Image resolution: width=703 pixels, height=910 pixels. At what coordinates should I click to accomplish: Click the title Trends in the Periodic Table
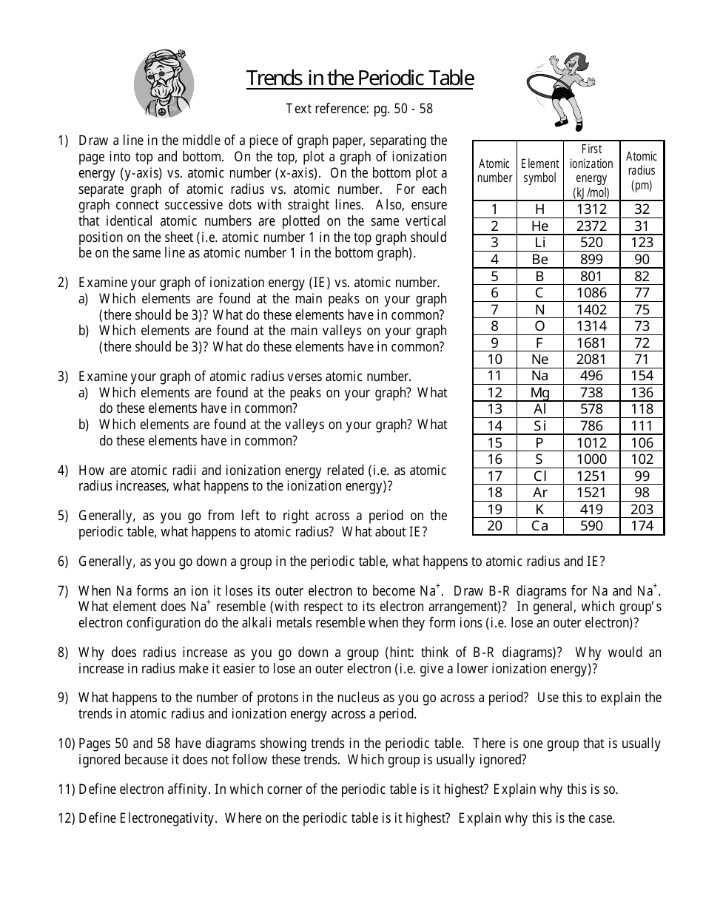360,78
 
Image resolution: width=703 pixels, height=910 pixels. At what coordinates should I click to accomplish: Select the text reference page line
360,109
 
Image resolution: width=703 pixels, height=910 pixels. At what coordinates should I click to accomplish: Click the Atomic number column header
494,171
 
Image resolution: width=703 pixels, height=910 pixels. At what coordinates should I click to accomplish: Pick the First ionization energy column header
591,171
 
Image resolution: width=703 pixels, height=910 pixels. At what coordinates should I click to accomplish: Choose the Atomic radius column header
642,171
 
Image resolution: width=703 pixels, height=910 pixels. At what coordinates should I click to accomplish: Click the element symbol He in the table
539,226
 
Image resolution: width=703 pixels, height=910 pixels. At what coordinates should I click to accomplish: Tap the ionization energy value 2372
591,226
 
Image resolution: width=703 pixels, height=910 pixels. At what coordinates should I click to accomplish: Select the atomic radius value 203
642,509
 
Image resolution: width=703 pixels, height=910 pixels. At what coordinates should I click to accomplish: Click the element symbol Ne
539,359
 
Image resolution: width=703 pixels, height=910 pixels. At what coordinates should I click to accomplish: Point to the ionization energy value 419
591,509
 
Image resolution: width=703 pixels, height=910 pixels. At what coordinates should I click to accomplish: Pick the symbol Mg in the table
539,393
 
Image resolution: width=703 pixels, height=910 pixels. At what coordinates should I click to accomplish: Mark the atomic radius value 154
642,376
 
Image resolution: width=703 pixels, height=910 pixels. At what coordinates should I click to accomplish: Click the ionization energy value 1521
591,493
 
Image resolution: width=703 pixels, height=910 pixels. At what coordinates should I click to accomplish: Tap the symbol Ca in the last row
539,526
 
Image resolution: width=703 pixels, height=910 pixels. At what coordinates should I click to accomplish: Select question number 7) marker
63,591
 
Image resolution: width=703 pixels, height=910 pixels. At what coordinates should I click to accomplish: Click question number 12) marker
66,818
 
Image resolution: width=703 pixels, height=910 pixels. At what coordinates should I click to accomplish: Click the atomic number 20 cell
494,526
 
